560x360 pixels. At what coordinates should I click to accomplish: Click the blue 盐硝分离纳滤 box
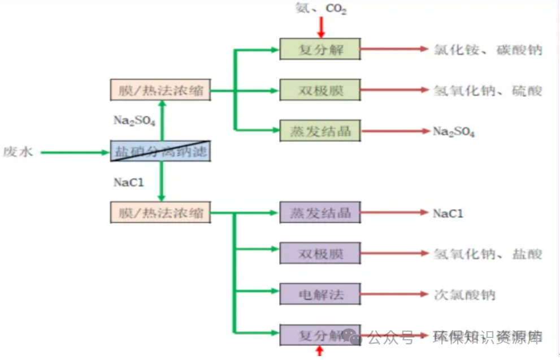160,151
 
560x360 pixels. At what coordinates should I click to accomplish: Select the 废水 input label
19,152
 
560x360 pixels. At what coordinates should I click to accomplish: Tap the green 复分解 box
320,49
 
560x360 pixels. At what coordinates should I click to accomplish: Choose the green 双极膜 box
320,90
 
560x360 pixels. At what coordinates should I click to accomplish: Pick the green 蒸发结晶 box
320,131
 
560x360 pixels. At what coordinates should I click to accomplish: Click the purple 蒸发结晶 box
320,212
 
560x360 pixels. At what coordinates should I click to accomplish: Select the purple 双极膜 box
320,253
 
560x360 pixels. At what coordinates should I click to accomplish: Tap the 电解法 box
320,294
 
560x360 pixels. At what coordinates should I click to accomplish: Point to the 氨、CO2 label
320,8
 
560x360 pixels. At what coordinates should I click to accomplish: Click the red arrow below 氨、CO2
321,27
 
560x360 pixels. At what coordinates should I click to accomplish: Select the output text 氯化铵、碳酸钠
488,50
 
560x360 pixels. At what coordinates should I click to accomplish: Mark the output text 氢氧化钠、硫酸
488,90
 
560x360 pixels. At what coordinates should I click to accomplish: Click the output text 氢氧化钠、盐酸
488,254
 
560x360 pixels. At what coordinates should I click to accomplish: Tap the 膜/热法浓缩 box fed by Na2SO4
160,90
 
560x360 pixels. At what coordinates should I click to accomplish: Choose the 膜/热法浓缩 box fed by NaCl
160,213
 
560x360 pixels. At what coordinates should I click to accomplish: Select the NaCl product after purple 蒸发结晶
448,213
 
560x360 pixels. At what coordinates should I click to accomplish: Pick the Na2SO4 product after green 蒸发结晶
454,132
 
